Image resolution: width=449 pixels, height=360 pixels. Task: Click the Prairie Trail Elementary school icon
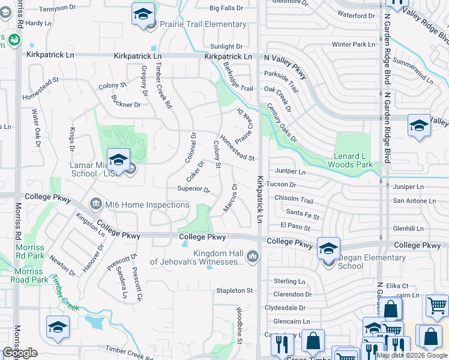point(143,14)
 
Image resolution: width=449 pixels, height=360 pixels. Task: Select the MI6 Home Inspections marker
point(95,205)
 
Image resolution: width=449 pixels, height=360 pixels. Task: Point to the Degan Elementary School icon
point(328,248)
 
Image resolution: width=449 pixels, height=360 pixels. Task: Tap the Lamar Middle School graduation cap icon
point(118,160)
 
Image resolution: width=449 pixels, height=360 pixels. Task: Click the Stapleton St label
point(235,290)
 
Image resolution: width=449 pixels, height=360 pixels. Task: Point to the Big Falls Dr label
point(226,8)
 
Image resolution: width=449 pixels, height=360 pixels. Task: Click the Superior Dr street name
point(193,190)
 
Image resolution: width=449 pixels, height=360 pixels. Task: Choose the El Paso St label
point(295,227)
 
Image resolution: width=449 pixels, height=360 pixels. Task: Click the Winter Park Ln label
point(353,44)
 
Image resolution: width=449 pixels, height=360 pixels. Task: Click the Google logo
point(20,353)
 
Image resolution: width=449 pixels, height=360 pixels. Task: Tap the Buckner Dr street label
point(126,104)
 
